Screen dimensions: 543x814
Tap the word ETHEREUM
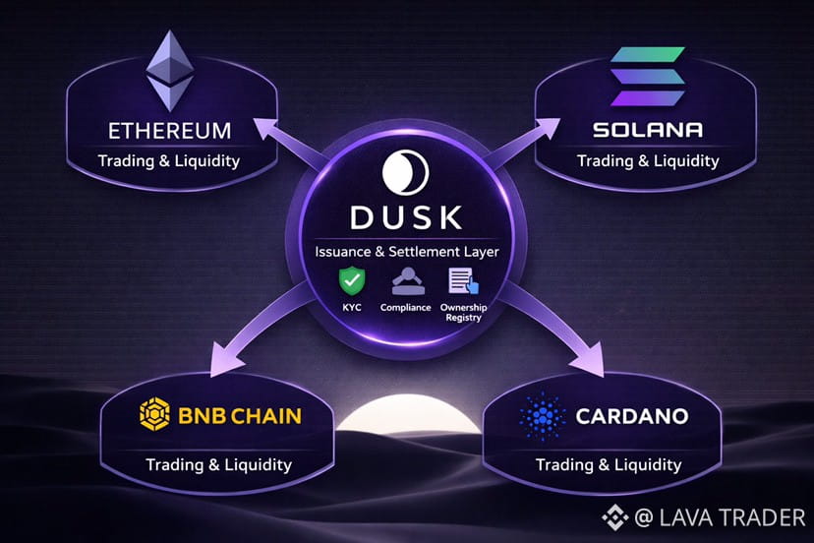pyautogui.click(x=170, y=131)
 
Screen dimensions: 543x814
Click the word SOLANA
pyautogui.click(x=647, y=130)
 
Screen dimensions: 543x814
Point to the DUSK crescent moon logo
pyautogui.click(x=407, y=174)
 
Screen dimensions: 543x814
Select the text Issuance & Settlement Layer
pyautogui.click(x=407, y=252)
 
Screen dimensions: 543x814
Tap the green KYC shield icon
pyautogui.click(x=351, y=282)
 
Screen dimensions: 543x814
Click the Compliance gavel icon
pyautogui.click(x=406, y=282)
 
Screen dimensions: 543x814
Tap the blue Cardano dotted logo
pyautogui.click(x=539, y=417)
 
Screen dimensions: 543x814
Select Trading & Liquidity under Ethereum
pyautogui.click(x=169, y=160)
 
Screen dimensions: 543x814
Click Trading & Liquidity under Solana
pyautogui.click(x=647, y=160)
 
